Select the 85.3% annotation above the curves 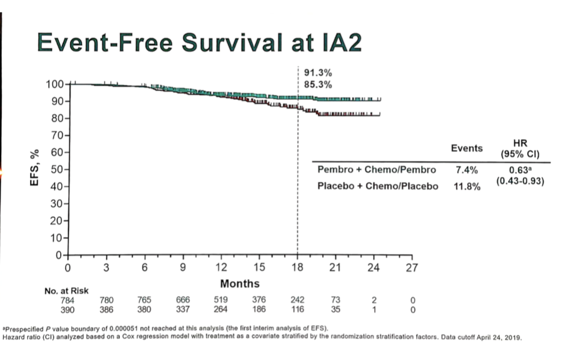(x=318, y=85)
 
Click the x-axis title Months (x=240, y=283)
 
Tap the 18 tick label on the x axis (x=297, y=268)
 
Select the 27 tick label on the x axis (x=412, y=268)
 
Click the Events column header (x=467, y=148)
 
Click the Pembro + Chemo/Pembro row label (x=377, y=170)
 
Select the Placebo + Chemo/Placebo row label (x=378, y=186)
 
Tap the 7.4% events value (x=466, y=170)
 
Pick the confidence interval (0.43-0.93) (x=520, y=179)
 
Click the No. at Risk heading (x=66, y=291)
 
